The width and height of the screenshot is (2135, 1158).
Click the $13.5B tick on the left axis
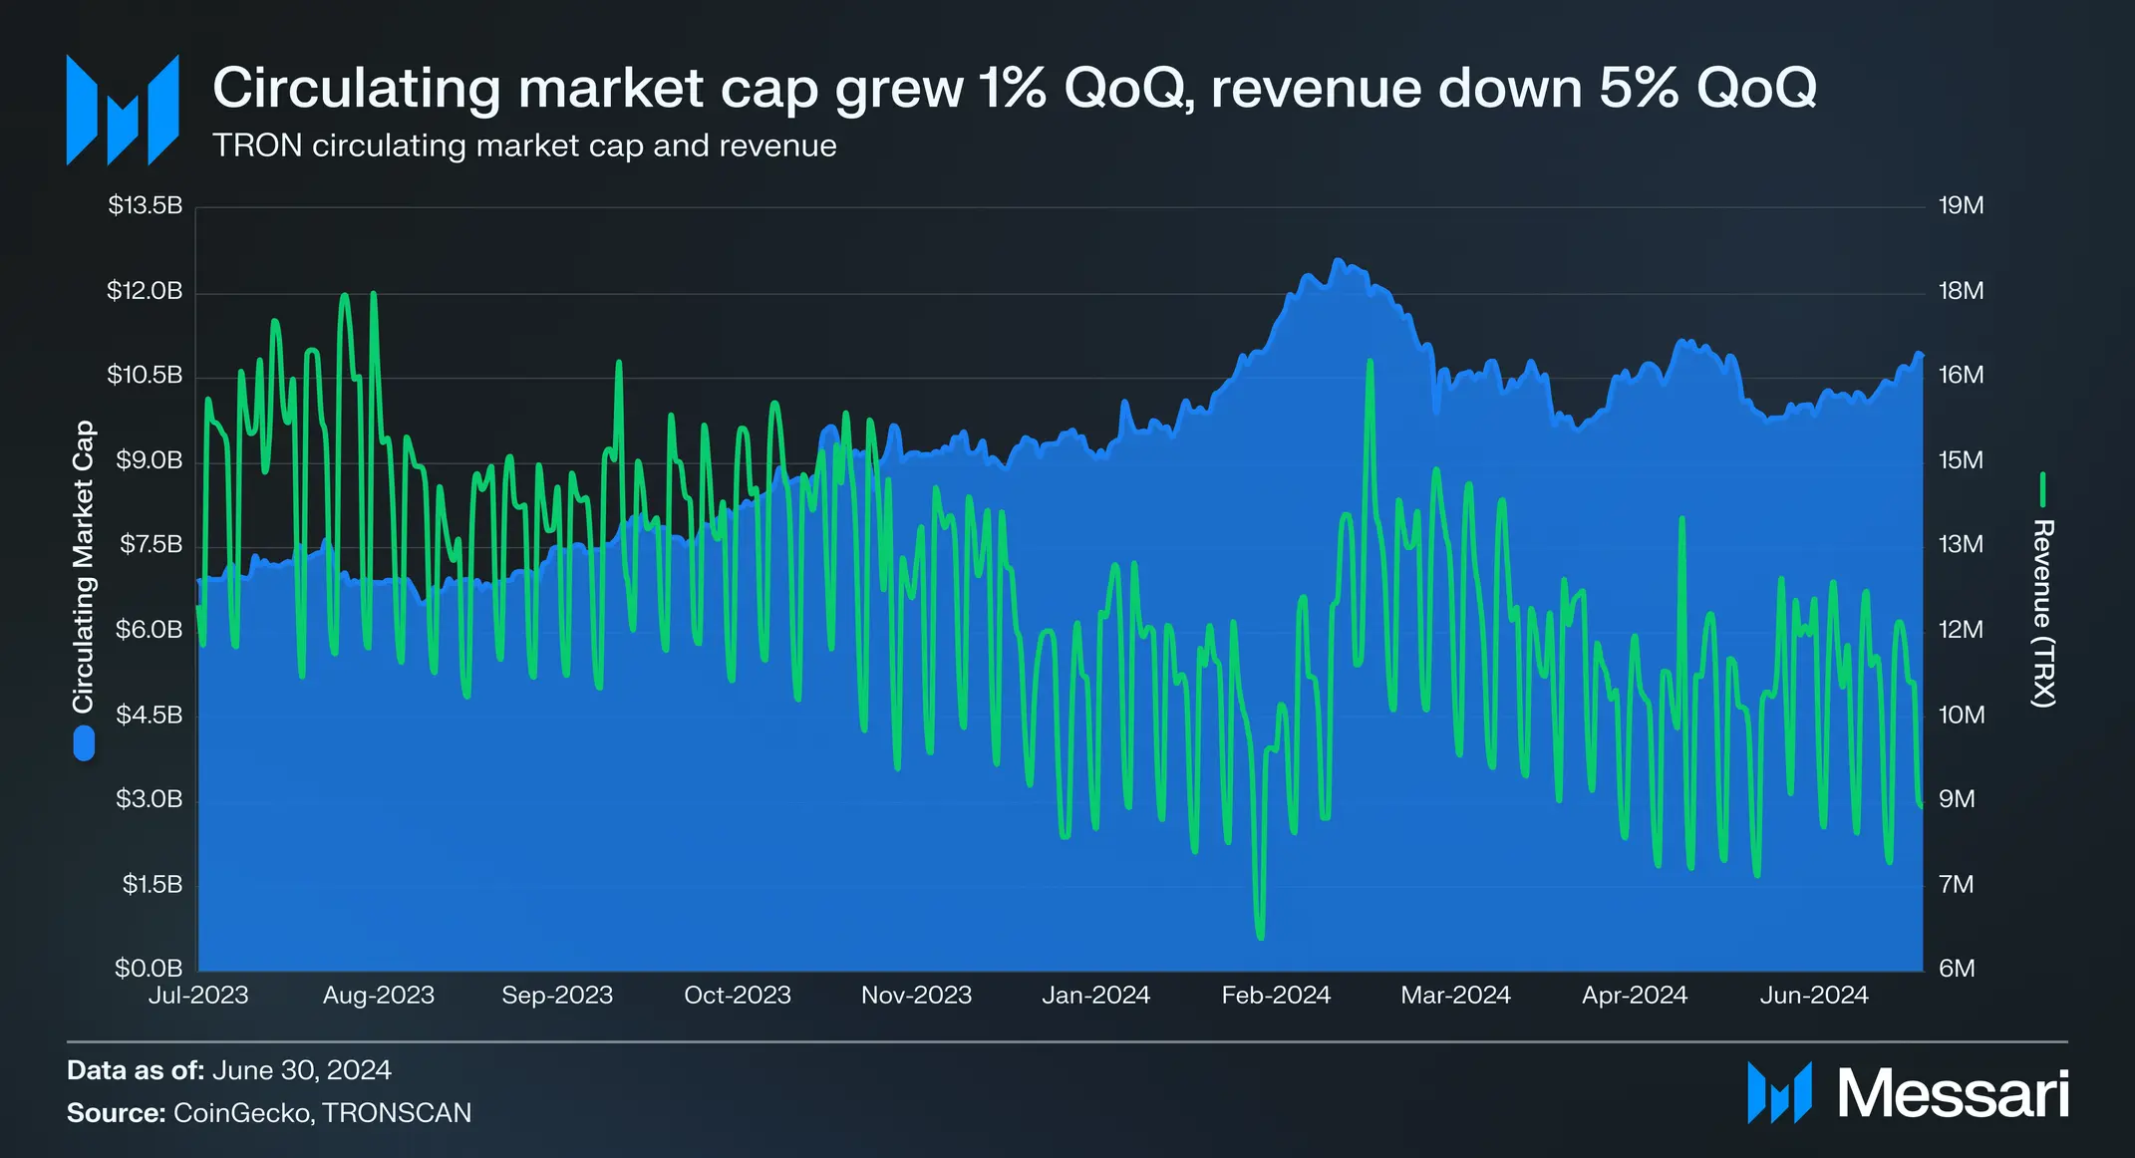coord(146,206)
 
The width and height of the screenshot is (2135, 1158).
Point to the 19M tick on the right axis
coord(1961,206)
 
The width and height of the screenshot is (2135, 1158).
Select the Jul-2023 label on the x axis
coord(198,996)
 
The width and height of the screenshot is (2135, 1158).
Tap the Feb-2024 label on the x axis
coord(1276,996)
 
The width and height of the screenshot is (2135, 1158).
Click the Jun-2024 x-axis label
coord(1814,996)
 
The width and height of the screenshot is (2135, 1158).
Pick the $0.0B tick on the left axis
coord(149,969)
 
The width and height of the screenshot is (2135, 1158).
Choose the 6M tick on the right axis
coord(1957,969)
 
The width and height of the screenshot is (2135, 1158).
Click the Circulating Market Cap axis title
coord(83,566)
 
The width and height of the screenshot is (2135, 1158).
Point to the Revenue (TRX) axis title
coord(2043,613)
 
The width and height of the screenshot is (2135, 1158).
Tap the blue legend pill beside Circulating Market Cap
coord(84,743)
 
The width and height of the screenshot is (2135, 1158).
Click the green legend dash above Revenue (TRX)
coord(2043,490)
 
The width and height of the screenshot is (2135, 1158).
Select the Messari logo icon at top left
coord(123,110)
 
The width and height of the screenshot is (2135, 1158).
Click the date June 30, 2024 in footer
coord(301,1070)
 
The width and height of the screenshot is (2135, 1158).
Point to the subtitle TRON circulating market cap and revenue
coord(524,145)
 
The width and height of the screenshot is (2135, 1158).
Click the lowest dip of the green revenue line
coord(1261,937)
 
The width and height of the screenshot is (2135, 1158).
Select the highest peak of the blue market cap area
coord(1338,260)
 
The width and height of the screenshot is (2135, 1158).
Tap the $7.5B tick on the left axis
coord(152,545)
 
